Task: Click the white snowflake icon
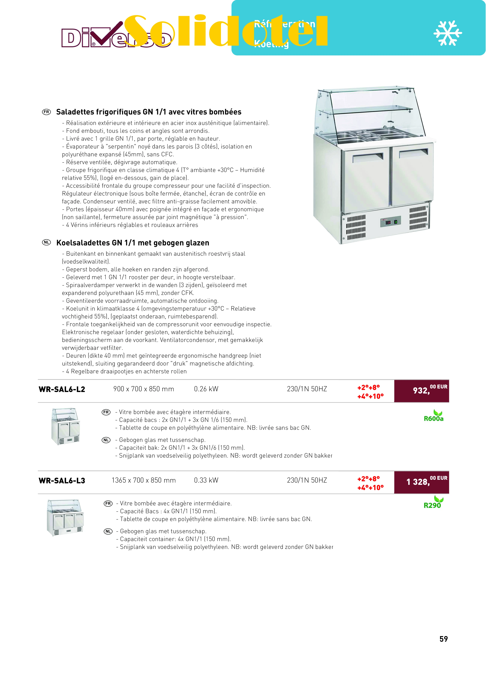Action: pos(447,33)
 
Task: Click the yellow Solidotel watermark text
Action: pos(226,31)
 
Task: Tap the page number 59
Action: pos(443,639)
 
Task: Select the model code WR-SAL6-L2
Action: pos(62,389)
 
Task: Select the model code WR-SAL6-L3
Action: pos(62,481)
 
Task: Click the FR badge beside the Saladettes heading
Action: pos(46,112)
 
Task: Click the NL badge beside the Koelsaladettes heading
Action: pos(46,242)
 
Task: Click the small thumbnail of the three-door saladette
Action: pos(65,517)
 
